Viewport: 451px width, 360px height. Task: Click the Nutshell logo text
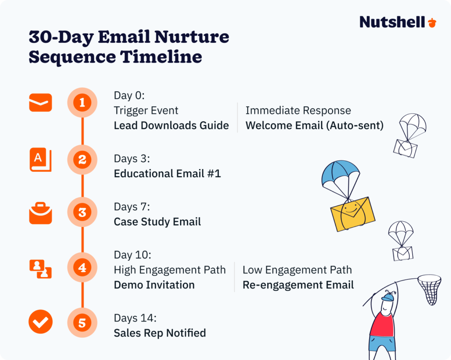point(392,22)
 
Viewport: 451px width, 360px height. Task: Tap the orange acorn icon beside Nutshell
point(433,22)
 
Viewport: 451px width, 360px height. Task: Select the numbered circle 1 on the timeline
point(82,103)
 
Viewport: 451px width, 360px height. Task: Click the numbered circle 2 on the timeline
point(82,160)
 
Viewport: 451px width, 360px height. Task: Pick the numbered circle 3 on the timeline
point(82,213)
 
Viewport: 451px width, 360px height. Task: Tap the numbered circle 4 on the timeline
point(82,267)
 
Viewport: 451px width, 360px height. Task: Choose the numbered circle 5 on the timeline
point(82,323)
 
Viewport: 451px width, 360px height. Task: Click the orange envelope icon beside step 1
point(41,103)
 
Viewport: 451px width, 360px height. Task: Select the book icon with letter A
point(41,160)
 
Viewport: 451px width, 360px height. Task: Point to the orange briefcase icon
point(41,213)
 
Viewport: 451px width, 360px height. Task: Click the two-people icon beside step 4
point(41,269)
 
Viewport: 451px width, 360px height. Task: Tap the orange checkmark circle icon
point(41,322)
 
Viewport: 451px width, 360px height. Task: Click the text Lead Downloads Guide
point(171,126)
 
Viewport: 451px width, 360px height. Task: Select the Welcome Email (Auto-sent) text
point(314,126)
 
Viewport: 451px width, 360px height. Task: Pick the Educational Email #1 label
point(167,174)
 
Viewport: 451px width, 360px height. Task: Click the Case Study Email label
point(157,222)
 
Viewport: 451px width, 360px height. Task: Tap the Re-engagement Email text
point(298,285)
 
